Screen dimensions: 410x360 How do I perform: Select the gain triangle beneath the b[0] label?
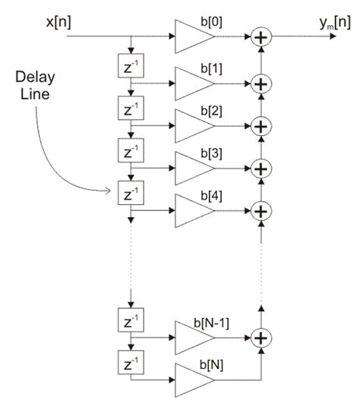point(190,36)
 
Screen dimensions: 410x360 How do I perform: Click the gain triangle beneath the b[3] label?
point(190,166)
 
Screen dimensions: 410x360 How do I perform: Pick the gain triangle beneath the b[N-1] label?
point(190,336)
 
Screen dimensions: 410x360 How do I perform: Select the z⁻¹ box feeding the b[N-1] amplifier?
point(131,317)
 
